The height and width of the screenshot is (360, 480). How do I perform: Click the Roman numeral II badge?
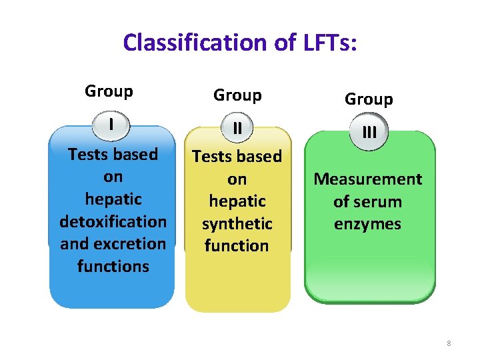[x=237, y=128]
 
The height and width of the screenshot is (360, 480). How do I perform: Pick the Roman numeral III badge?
[x=369, y=132]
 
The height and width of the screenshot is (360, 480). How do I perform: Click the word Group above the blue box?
[x=109, y=91]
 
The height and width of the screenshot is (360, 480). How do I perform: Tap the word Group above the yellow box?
[x=237, y=95]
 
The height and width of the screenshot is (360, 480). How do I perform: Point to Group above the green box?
[x=369, y=99]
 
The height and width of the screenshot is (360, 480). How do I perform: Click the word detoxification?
[x=113, y=221]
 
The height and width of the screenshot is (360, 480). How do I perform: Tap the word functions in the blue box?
[x=113, y=266]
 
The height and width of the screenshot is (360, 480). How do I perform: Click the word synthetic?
[x=237, y=223]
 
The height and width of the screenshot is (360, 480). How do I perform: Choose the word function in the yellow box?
[x=237, y=245]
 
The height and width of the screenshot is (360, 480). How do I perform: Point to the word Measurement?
[x=368, y=179]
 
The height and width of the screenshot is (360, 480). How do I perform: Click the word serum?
[x=377, y=201]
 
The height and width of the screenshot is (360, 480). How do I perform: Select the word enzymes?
[x=368, y=224]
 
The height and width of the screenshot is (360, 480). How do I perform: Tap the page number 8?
[x=449, y=343]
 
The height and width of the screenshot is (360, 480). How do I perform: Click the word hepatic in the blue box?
[x=113, y=199]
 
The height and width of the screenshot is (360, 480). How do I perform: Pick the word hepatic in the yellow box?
[x=237, y=201]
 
